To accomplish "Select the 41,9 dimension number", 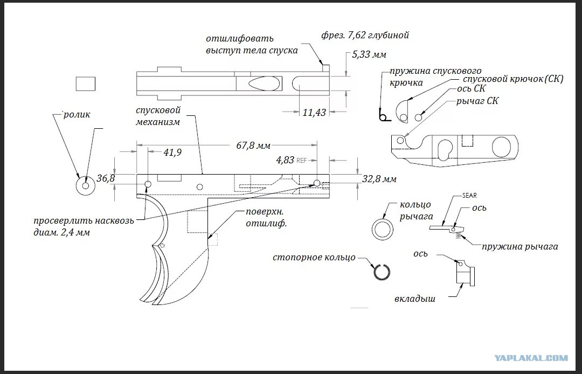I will [x=172, y=153].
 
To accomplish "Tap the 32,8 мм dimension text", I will [x=379, y=178].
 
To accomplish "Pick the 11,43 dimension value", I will [x=314, y=113].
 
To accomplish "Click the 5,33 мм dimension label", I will [x=369, y=54].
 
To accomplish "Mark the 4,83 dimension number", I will [x=285, y=160].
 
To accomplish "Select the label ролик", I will [x=76, y=114].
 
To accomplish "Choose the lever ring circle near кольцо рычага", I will [x=383, y=228].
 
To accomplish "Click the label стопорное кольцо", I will [x=314, y=257].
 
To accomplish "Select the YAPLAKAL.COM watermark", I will [x=531, y=357].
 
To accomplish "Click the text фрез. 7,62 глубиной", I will [x=365, y=36].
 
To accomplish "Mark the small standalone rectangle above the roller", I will [x=85, y=84].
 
